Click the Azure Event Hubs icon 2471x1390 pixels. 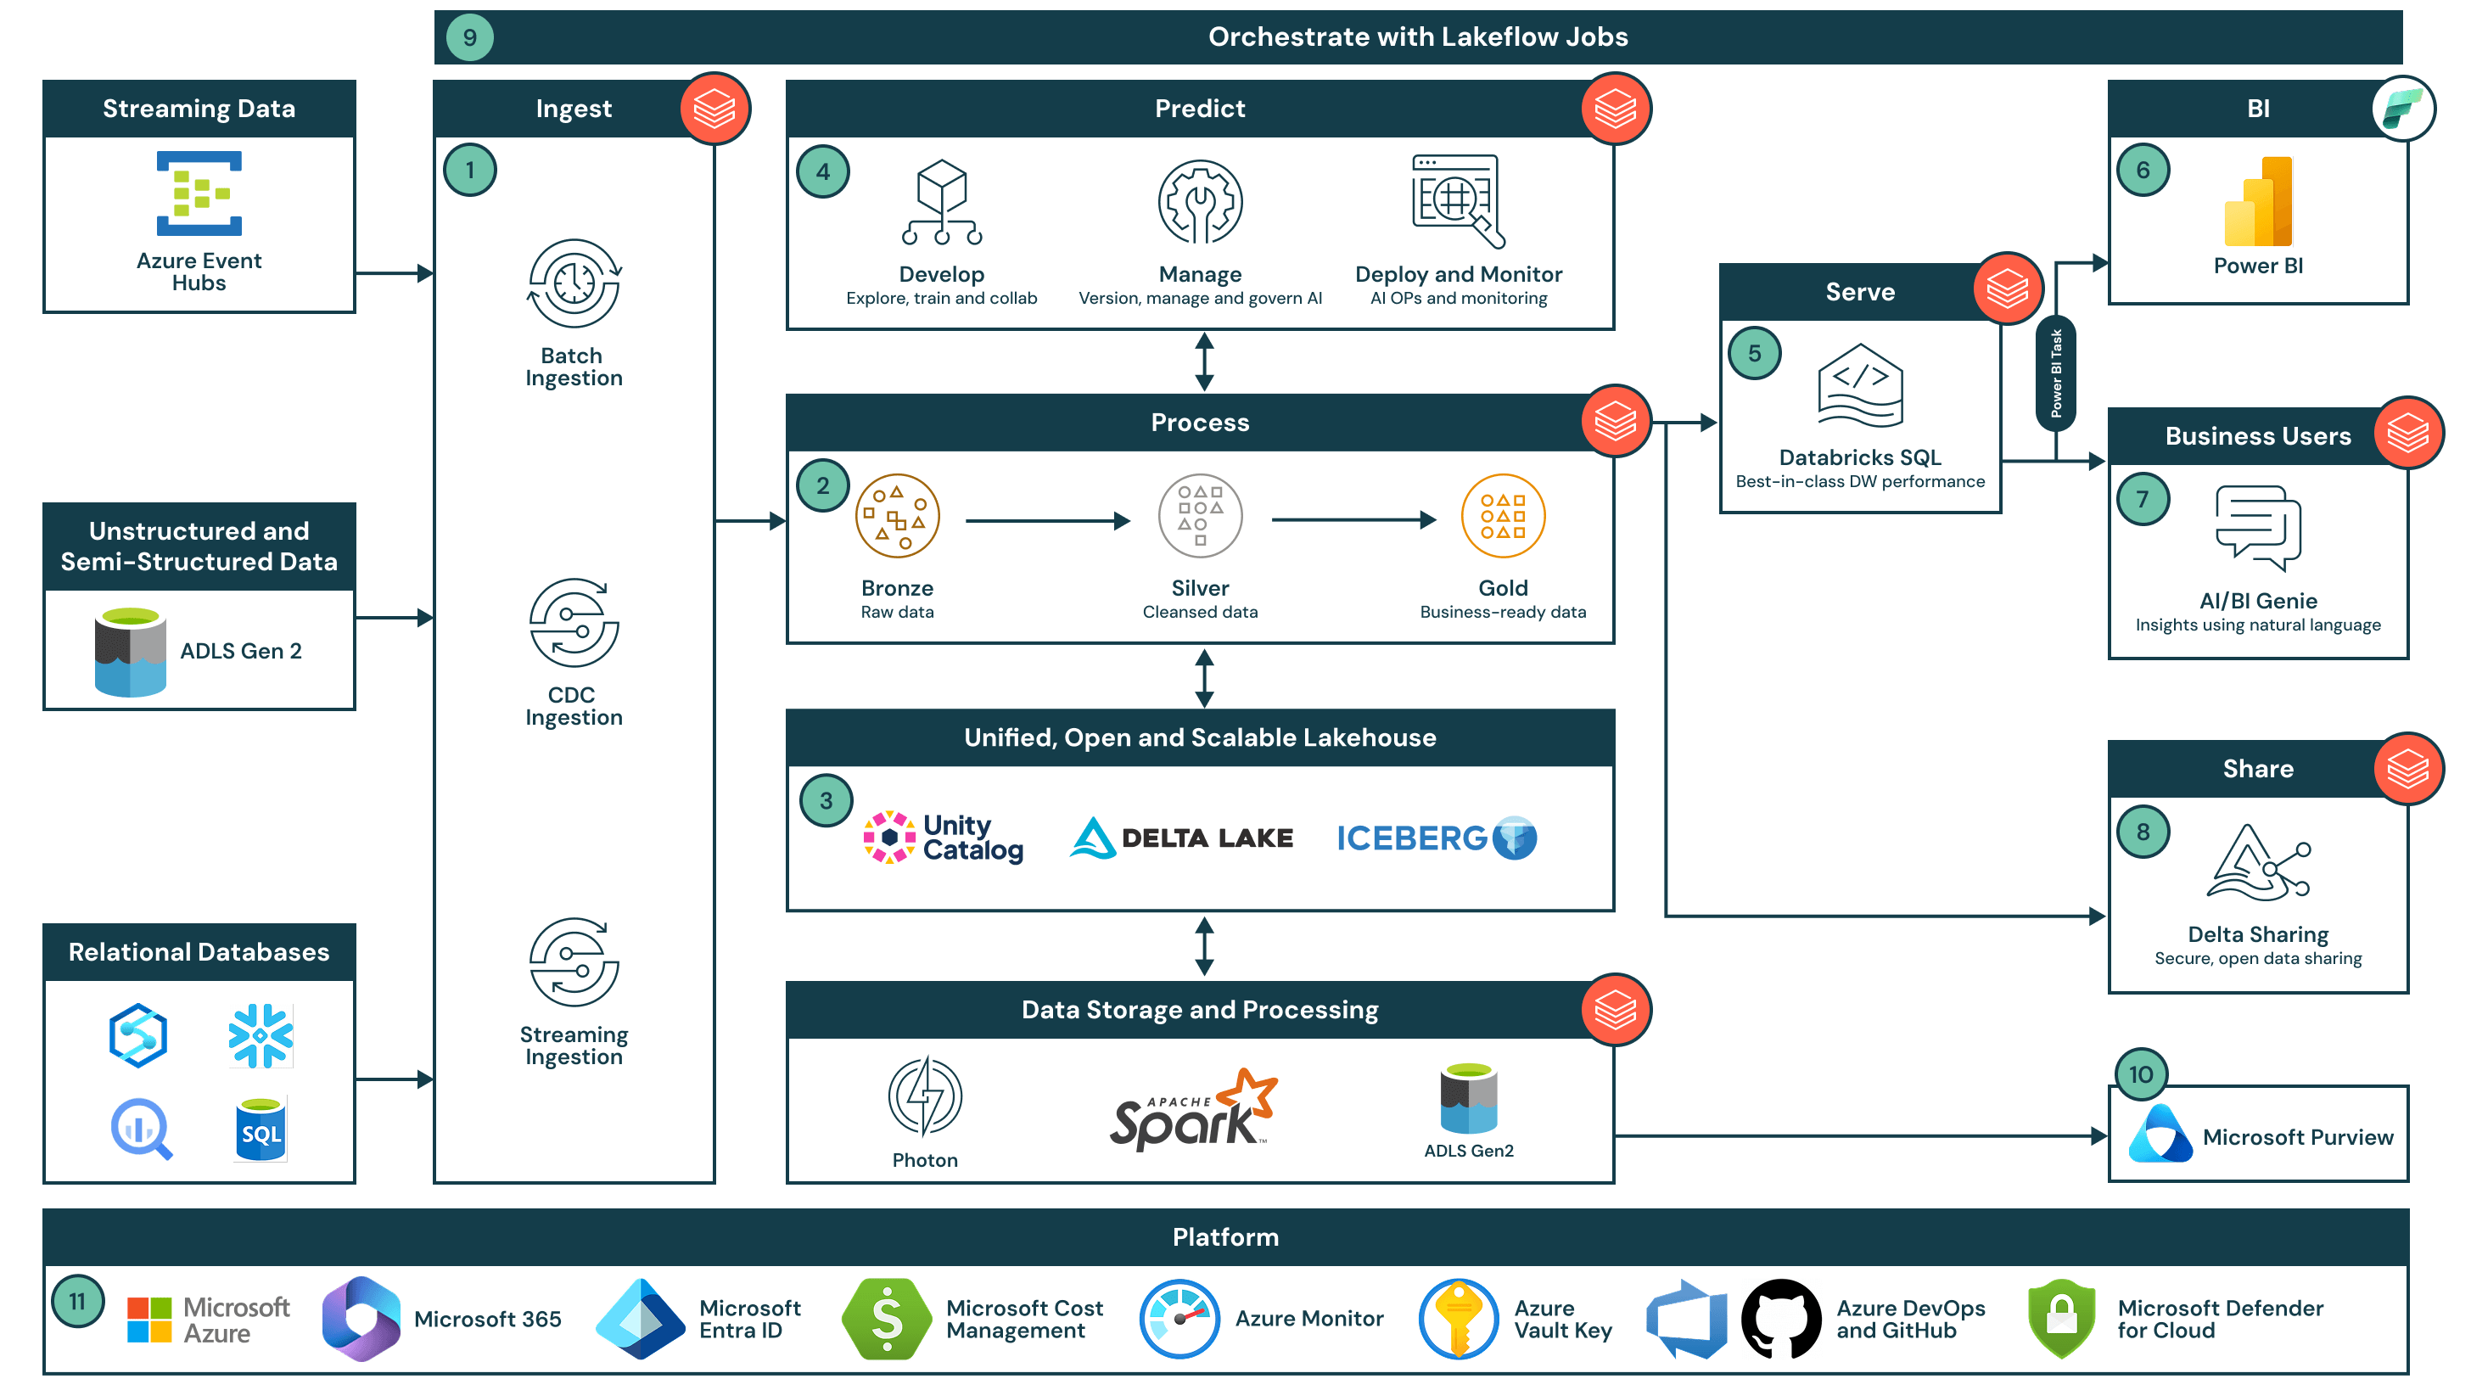[x=199, y=193]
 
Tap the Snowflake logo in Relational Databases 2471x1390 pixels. [x=260, y=1035]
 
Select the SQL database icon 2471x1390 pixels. [x=260, y=1129]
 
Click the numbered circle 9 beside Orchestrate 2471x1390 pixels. [x=469, y=37]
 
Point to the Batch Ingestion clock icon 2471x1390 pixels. [x=574, y=284]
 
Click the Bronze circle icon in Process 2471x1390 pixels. [x=896, y=516]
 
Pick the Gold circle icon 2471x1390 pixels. [x=1502, y=516]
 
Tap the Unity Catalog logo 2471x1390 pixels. [x=943, y=838]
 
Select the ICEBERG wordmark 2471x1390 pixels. [x=1411, y=838]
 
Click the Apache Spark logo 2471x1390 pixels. [x=1192, y=1110]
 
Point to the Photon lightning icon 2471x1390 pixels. [x=925, y=1096]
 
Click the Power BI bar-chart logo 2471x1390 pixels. [x=2257, y=203]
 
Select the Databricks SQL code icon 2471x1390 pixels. [x=1859, y=385]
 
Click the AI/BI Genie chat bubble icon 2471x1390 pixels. [x=2257, y=527]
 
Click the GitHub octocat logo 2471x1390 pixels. [x=1780, y=1318]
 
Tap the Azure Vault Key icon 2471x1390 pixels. [x=1458, y=1318]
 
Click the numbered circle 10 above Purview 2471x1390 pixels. [x=2140, y=1073]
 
